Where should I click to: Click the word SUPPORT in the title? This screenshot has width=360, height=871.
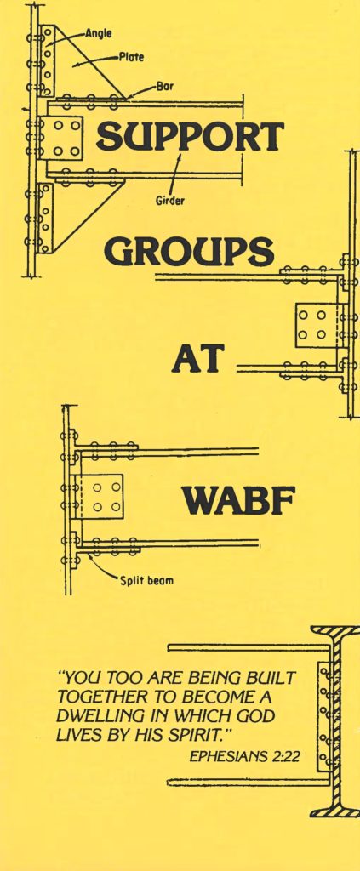(x=190, y=135)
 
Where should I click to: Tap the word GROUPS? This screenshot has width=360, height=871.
(x=189, y=251)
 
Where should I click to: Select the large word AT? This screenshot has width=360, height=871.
(x=197, y=358)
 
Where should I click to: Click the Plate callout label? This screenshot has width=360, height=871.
(x=131, y=57)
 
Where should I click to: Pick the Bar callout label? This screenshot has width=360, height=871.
(x=163, y=87)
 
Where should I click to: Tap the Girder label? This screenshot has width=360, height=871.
(x=169, y=201)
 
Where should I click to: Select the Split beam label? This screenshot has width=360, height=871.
(x=146, y=581)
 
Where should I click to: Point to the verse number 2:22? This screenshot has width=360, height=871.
(x=286, y=756)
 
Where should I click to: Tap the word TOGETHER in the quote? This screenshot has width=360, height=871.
(x=94, y=697)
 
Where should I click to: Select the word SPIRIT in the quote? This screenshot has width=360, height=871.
(x=202, y=735)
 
